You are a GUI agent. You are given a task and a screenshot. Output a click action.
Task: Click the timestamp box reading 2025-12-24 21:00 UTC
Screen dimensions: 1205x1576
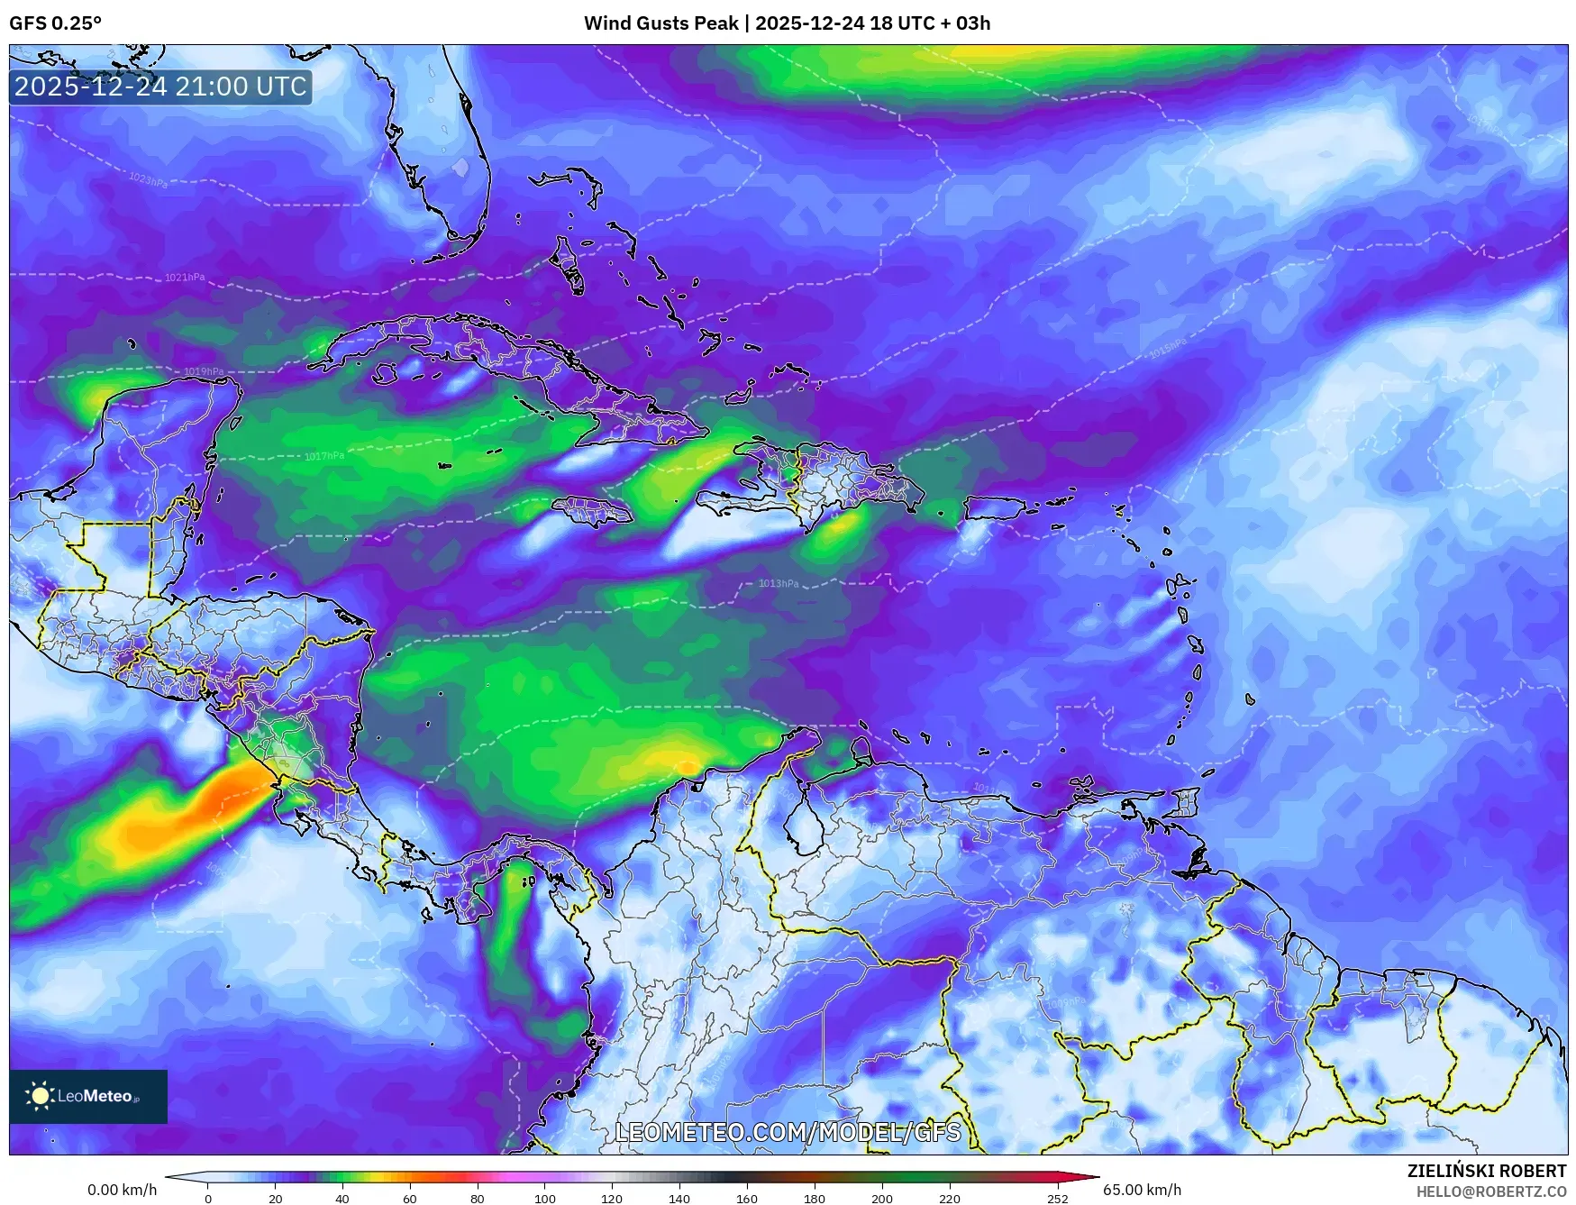pyautogui.click(x=160, y=87)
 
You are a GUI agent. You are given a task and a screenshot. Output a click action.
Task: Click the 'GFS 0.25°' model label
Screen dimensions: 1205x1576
pyautogui.click(x=56, y=23)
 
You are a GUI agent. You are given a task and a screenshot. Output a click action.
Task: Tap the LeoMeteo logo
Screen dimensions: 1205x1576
pyautogui.click(x=88, y=1096)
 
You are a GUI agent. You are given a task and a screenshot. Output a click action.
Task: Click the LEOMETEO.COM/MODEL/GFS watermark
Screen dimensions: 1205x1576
pyautogui.click(x=788, y=1132)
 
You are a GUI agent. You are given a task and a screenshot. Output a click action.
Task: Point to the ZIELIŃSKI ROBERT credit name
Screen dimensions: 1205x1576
pyautogui.click(x=1487, y=1171)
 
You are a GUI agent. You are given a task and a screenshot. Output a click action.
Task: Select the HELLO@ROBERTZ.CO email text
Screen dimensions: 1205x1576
pyautogui.click(x=1491, y=1191)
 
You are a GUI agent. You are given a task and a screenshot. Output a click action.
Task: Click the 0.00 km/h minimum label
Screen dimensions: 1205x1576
pyautogui.click(x=122, y=1190)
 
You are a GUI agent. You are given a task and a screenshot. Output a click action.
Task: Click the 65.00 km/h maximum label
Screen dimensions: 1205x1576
pyautogui.click(x=1142, y=1190)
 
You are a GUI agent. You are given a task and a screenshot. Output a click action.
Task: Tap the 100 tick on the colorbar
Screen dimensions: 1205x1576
pyautogui.click(x=544, y=1199)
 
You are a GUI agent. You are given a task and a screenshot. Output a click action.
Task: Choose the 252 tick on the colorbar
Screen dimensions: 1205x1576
pyautogui.click(x=1058, y=1199)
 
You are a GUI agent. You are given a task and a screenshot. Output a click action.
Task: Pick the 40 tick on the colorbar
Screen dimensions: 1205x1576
pyautogui.click(x=342, y=1199)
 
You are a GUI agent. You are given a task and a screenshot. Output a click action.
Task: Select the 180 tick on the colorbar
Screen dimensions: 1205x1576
pyautogui.click(x=814, y=1199)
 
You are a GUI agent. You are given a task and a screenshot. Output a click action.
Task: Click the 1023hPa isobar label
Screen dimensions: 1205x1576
pyautogui.click(x=148, y=180)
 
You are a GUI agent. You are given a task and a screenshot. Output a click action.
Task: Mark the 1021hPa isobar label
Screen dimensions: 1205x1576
pyautogui.click(x=185, y=278)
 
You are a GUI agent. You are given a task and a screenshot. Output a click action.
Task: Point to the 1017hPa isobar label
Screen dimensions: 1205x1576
pyautogui.click(x=324, y=456)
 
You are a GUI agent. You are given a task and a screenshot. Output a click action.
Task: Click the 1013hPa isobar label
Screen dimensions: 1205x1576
pyautogui.click(x=778, y=583)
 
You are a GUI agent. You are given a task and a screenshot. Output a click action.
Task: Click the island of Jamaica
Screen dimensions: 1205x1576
pyautogui.click(x=592, y=512)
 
